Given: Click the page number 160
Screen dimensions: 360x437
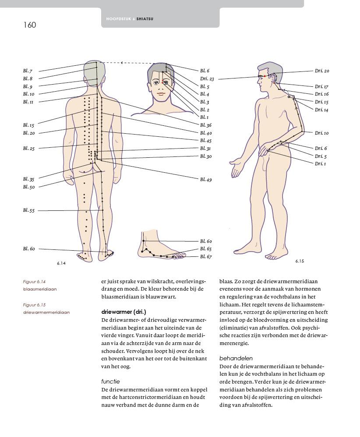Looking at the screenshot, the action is coord(30,25).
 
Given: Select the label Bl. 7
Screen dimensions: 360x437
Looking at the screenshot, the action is coord(28,71).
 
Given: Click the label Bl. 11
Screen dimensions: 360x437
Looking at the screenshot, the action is coord(28,102).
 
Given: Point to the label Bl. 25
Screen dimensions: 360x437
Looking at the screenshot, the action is coord(28,149).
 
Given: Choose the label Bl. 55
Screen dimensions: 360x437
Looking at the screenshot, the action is coord(28,210).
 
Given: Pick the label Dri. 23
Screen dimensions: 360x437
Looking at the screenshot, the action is coord(207,79).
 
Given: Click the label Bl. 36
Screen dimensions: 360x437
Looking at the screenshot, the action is coord(206,125).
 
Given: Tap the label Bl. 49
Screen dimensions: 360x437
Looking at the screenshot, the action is coord(206,179).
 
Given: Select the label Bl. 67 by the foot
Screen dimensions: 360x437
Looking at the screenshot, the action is coord(206,257).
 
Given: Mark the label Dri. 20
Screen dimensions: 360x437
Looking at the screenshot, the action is coord(322,71).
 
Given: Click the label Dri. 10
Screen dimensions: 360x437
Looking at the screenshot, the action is coord(321,133).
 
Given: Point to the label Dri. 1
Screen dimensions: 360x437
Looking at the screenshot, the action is coord(320,163).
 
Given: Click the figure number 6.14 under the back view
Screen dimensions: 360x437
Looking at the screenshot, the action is coord(61,263).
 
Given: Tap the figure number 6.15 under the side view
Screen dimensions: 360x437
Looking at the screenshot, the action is coord(300,261).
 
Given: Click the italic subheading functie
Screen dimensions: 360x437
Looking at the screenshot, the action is coord(110,381).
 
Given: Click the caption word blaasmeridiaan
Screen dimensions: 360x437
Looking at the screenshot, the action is coord(40,289).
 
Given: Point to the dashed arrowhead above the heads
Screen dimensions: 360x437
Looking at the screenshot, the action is coord(122,63).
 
